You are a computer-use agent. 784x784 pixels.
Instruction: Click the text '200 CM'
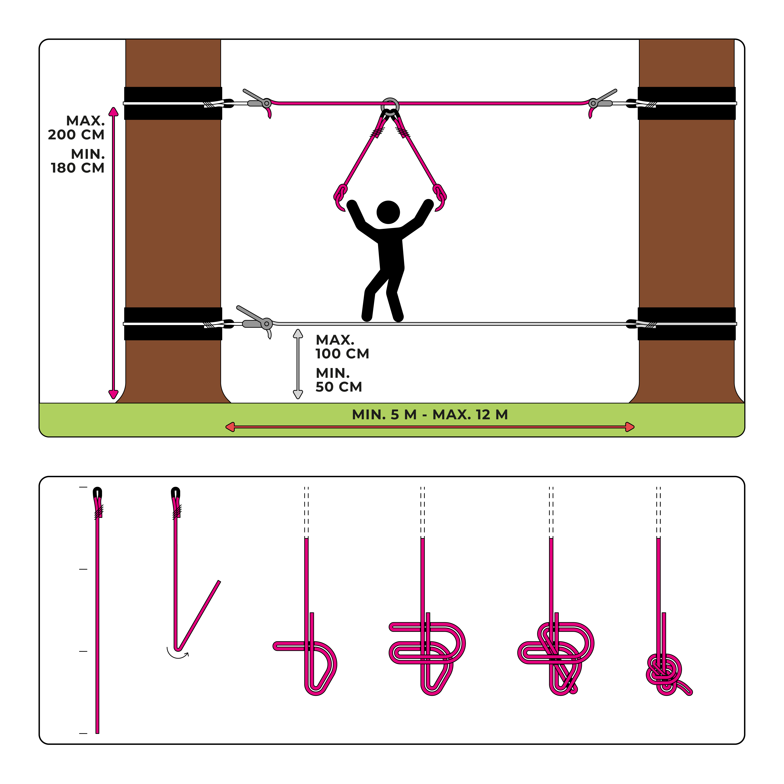coord(76,134)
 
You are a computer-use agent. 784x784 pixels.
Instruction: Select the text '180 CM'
coord(77,168)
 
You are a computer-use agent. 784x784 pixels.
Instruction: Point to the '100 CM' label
coord(342,353)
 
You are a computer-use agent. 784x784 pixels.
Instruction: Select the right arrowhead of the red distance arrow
coord(629,427)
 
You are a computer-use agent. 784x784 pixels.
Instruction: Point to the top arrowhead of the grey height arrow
coord(298,334)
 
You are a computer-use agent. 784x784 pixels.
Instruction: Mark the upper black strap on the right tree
coord(687,103)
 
